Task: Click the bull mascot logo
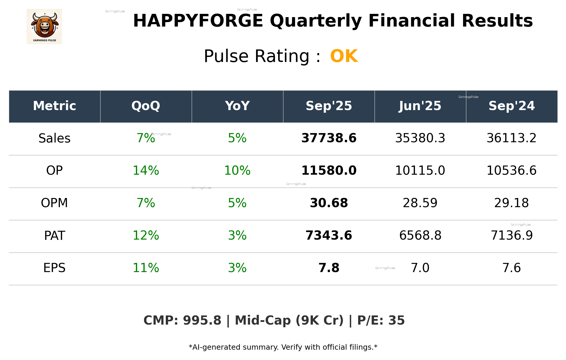click(x=44, y=26)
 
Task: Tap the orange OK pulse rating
click(x=344, y=56)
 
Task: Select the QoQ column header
click(x=146, y=106)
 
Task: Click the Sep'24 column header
click(x=511, y=106)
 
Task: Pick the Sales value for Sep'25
click(x=329, y=138)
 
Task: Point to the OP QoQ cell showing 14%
click(x=146, y=171)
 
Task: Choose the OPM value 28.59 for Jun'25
click(x=420, y=203)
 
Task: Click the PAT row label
click(x=55, y=235)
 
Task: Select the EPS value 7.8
click(x=329, y=268)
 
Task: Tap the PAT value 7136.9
click(x=511, y=235)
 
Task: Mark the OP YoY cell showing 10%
click(x=237, y=171)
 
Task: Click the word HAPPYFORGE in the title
click(x=198, y=21)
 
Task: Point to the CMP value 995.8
click(x=202, y=320)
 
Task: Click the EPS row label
click(x=55, y=268)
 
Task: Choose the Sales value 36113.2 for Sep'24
click(x=511, y=138)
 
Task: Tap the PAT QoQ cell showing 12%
click(x=146, y=235)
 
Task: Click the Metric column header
click(x=55, y=106)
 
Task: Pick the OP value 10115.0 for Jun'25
click(x=420, y=171)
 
